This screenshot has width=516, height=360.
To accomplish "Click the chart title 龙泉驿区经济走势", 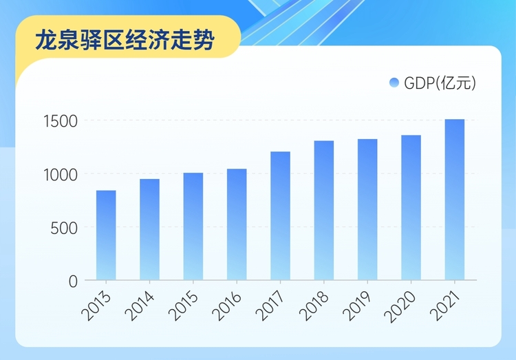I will click(125, 39).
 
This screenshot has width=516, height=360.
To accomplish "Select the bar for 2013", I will click(106, 235).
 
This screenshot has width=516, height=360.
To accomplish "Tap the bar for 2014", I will click(149, 230).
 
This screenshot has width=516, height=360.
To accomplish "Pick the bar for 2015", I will click(193, 226).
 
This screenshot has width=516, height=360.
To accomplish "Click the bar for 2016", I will click(237, 224).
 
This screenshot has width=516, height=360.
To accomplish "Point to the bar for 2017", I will click(280, 216).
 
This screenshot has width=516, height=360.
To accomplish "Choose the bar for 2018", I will click(324, 211).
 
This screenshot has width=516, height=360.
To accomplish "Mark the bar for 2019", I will click(367, 210).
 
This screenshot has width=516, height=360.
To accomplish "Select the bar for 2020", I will click(411, 208).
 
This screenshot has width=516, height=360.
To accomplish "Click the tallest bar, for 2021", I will click(455, 200).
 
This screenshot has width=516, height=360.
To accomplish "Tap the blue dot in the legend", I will click(394, 83).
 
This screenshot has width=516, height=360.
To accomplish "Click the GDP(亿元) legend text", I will click(440, 83).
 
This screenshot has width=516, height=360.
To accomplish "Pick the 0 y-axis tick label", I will click(73, 281).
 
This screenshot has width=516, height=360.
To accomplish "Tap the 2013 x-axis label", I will click(98, 302).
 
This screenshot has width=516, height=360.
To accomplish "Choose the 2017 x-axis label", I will click(272, 302).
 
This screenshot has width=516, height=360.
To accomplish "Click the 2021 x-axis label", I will click(447, 302).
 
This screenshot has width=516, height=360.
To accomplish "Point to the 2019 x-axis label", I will click(359, 302).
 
